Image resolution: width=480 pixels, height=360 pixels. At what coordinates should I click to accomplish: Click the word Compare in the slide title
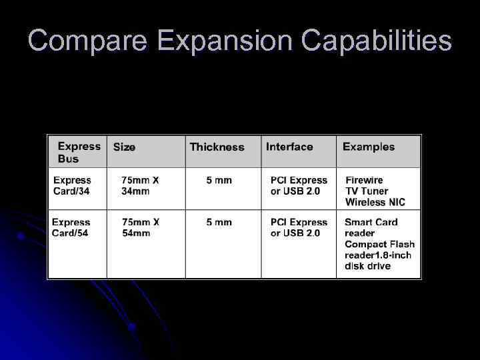click(x=87, y=41)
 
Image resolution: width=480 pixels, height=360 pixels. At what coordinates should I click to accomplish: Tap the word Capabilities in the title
click(x=376, y=41)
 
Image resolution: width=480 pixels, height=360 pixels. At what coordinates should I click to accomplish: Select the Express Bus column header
click(x=79, y=152)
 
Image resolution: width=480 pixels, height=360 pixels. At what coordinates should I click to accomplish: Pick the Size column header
click(x=124, y=147)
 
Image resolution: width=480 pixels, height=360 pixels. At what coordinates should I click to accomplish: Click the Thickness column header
click(x=217, y=147)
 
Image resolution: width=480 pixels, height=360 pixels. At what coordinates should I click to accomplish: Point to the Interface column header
click(x=289, y=147)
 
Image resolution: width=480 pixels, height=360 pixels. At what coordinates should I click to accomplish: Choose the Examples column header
click(x=368, y=147)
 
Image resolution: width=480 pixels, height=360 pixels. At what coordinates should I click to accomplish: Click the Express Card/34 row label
click(x=72, y=185)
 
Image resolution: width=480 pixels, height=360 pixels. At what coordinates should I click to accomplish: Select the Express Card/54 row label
click(x=71, y=227)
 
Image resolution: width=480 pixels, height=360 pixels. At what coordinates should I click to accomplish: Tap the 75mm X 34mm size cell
click(x=140, y=185)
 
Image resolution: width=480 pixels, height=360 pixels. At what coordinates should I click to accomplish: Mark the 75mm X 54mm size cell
click(x=140, y=227)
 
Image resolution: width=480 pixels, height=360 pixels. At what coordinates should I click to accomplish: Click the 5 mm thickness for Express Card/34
click(x=219, y=180)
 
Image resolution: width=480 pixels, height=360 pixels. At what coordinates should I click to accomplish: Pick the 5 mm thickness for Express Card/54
click(x=219, y=222)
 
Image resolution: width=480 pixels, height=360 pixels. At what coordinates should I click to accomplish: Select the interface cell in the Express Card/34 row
click(x=299, y=185)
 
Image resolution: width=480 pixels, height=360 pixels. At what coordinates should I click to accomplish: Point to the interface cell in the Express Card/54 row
click(x=299, y=227)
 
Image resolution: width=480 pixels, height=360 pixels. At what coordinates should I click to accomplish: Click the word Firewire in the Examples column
click(x=364, y=180)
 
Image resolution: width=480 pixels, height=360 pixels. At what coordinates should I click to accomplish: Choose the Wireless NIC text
click(x=375, y=202)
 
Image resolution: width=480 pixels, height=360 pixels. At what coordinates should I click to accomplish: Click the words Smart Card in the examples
click(x=371, y=222)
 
